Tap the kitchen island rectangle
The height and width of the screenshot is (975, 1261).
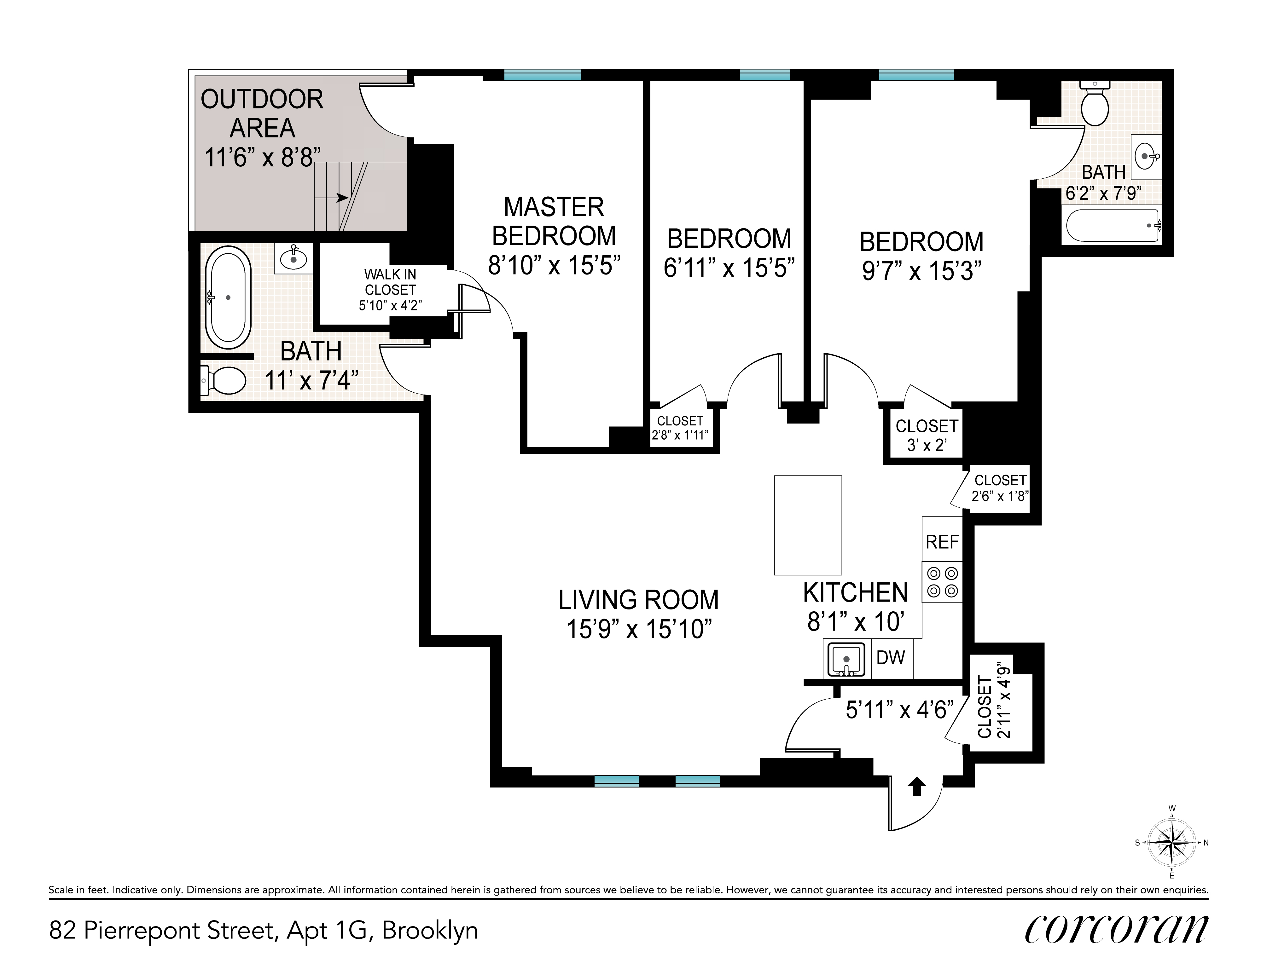[808, 525]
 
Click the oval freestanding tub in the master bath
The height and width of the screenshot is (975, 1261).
[228, 297]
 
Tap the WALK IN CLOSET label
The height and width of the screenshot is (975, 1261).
[390, 290]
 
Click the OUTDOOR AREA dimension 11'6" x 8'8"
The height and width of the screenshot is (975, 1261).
[263, 157]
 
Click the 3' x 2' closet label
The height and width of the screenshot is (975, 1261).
[927, 445]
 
